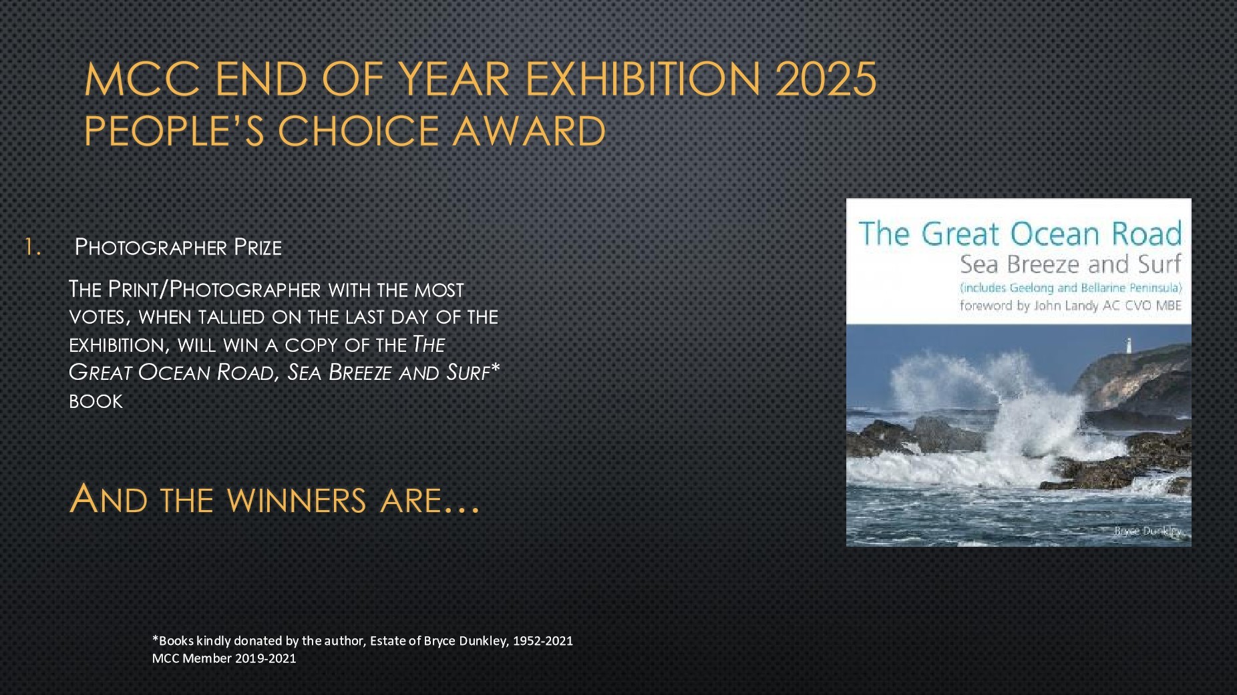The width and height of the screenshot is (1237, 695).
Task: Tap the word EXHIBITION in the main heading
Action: (x=643, y=79)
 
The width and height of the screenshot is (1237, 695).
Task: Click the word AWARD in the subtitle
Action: (x=529, y=130)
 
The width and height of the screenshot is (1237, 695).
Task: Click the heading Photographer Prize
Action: (x=178, y=247)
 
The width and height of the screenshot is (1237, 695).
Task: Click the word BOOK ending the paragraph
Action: (x=96, y=401)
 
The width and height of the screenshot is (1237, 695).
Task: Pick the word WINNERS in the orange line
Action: (x=297, y=500)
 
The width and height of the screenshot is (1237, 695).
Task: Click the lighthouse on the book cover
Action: (x=1129, y=345)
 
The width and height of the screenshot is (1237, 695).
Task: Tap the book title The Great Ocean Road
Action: (x=1020, y=234)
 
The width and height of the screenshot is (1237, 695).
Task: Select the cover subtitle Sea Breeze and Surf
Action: (x=1071, y=264)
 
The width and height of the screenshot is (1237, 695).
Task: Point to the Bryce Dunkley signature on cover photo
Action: (x=1148, y=531)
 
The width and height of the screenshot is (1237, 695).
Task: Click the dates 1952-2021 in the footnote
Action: (x=542, y=641)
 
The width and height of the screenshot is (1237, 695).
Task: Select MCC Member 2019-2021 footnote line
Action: (x=224, y=658)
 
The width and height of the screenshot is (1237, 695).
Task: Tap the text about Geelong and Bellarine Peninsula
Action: (x=1071, y=288)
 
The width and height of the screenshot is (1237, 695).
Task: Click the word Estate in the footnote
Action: (x=388, y=641)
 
